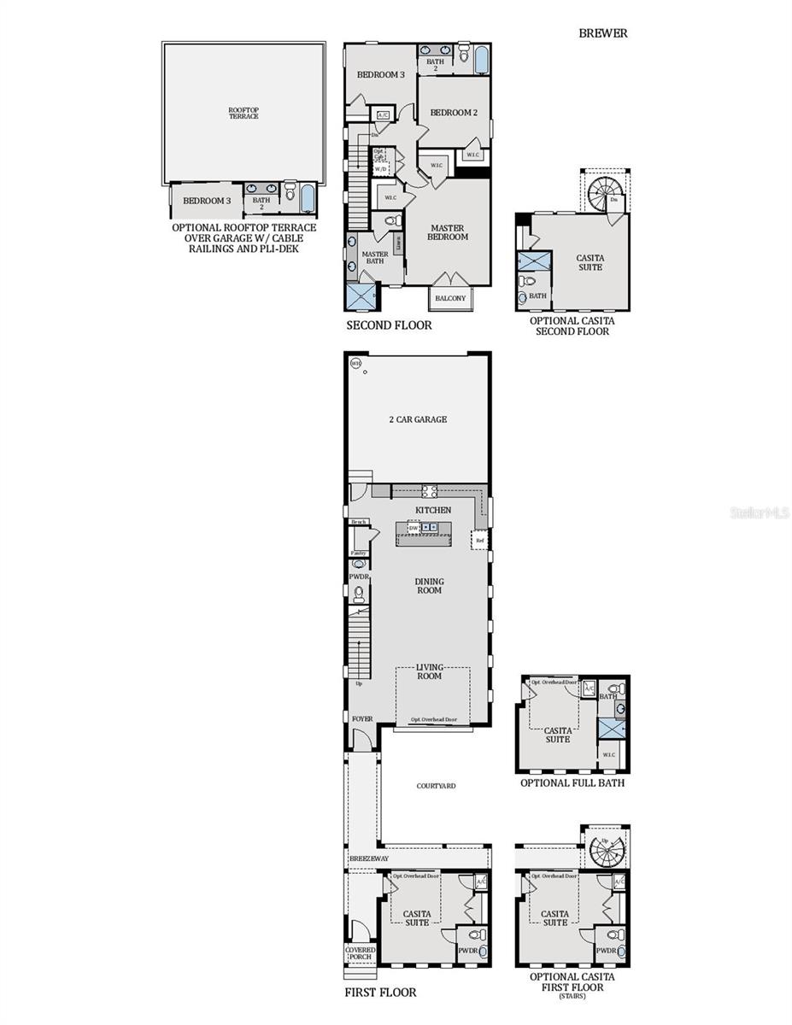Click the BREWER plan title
602,33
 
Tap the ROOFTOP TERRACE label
243,113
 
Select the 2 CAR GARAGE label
418,419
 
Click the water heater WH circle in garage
355,363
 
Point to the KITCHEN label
433,510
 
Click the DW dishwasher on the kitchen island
414,528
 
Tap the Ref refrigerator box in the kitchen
480,541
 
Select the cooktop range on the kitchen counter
429,490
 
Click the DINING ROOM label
429,586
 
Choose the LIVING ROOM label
429,671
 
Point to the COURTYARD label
436,786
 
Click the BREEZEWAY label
368,858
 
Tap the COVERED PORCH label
360,952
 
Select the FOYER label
362,719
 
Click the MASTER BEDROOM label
448,232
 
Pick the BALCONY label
450,298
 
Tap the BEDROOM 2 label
453,113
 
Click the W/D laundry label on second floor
380,169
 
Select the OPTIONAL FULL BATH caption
572,782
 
